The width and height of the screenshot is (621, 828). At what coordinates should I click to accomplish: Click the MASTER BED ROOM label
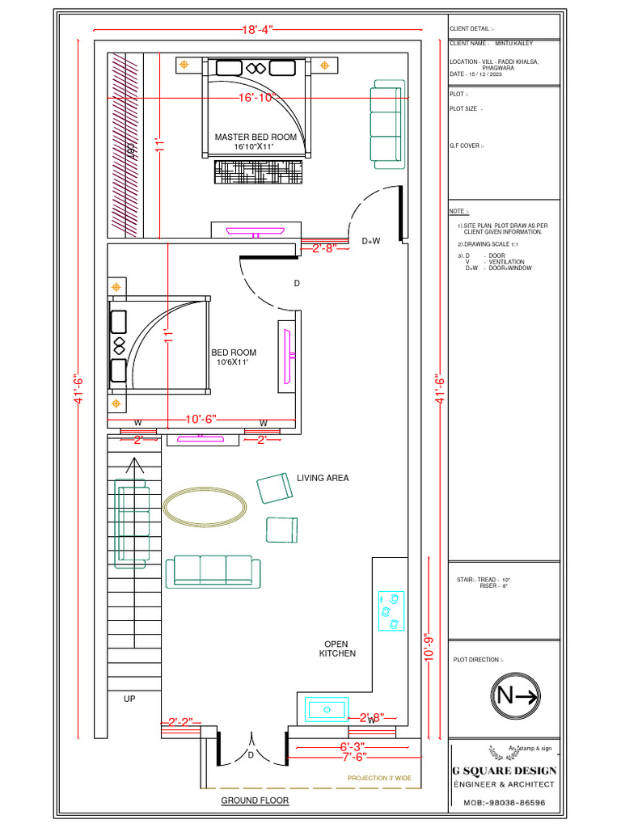[x=255, y=137]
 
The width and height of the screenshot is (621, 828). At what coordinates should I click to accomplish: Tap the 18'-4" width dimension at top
[x=258, y=30]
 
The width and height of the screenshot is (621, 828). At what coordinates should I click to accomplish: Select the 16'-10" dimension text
[x=257, y=98]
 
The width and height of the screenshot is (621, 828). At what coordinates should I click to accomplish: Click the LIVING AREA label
[x=323, y=478]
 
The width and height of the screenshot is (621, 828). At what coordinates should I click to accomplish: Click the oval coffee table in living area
[x=205, y=507]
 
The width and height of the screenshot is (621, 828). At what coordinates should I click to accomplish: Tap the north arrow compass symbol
[x=517, y=695]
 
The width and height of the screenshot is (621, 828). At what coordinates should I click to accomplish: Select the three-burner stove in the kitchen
[x=391, y=611]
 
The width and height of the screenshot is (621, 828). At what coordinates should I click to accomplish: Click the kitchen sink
[x=327, y=711]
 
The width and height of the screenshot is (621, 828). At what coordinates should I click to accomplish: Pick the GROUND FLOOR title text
[x=255, y=801]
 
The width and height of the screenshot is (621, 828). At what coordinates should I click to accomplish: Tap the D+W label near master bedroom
[x=370, y=241]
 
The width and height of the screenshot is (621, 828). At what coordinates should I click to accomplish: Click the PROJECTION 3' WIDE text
[x=379, y=778]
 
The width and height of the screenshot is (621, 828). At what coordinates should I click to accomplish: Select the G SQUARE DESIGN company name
[x=504, y=771]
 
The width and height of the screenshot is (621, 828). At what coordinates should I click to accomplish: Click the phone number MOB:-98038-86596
[x=504, y=803]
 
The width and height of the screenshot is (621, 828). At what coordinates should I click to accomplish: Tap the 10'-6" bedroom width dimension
[x=201, y=420]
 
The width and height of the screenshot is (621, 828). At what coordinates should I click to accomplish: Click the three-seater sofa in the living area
[x=213, y=571]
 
